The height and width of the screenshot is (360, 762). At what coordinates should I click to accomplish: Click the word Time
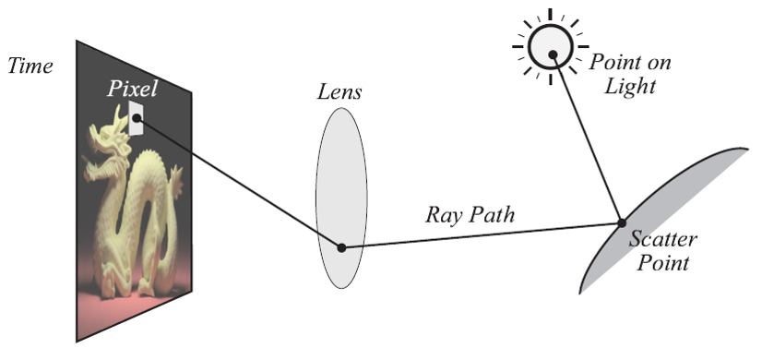(30, 66)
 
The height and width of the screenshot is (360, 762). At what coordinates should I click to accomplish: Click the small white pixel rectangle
(137, 118)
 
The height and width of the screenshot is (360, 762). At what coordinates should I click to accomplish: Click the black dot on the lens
(341, 247)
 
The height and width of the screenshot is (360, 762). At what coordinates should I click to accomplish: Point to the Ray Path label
(470, 215)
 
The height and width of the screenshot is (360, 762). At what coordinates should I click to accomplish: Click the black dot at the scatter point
(621, 222)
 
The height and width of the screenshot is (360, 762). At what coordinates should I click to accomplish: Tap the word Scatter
(663, 240)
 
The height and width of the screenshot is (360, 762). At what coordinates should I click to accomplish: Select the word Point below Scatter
(665, 264)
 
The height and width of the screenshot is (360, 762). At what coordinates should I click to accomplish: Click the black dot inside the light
(553, 54)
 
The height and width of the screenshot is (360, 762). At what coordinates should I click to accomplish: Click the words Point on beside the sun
(630, 64)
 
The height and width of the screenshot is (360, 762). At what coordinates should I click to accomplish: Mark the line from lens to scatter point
(480, 235)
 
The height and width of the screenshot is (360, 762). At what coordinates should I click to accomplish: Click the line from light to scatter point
(587, 138)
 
